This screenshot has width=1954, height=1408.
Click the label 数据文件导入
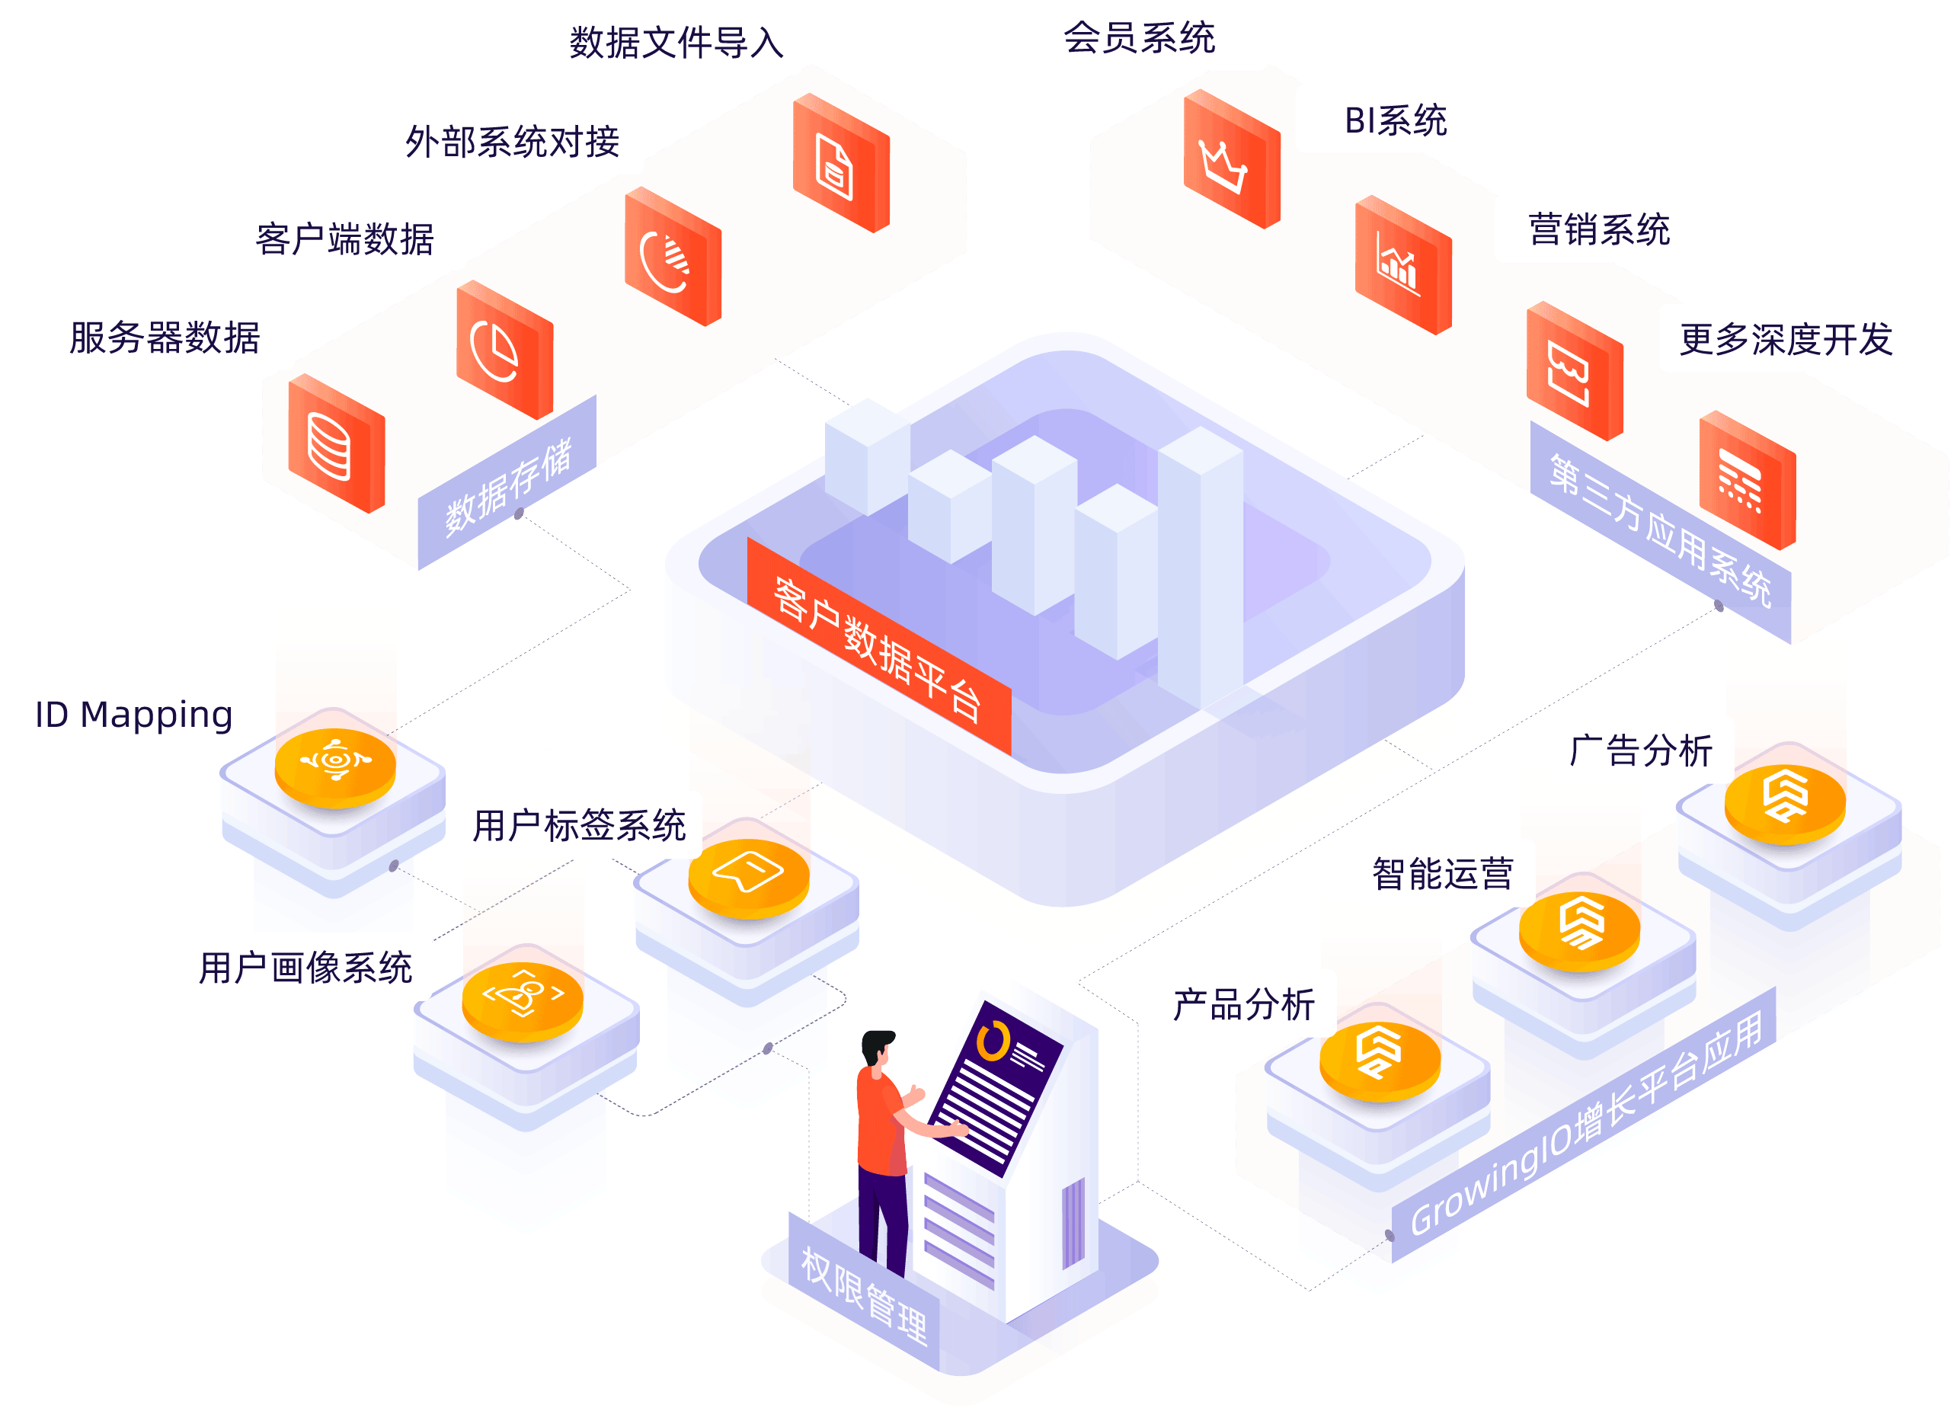point(676,42)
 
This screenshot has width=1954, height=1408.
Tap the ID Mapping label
point(133,713)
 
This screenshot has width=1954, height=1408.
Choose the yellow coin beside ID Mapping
point(335,765)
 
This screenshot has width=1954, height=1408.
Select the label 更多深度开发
point(1785,338)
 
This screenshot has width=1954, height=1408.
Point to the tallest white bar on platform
point(1199,568)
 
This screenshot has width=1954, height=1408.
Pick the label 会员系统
point(1139,37)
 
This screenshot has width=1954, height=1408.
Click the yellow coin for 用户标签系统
point(748,875)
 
